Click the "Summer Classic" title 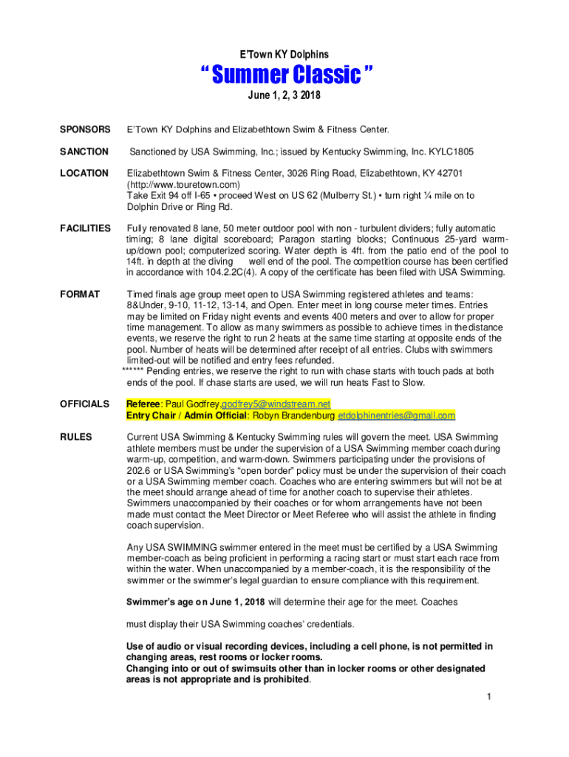pyautogui.click(x=284, y=75)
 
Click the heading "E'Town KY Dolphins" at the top pyautogui.click(x=284, y=55)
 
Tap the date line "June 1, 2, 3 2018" pyautogui.click(x=284, y=96)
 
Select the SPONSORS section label pyautogui.click(x=86, y=130)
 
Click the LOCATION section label pyautogui.click(x=84, y=173)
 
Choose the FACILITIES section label pyautogui.click(x=86, y=228)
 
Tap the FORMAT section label pyautogui.click(x=81, y=294)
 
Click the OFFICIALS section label pyautogui.click(x=85, y=404)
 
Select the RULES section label pyautogui.click(x=76, y=437)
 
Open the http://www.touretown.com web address pyautogui.click(x=184, y=184)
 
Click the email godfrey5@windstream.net pyautogui.click(x=276, y=404)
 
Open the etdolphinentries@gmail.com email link pyautogui.click(x=396, y=415)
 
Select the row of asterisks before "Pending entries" pyautogui.click(x=134, y=371)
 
